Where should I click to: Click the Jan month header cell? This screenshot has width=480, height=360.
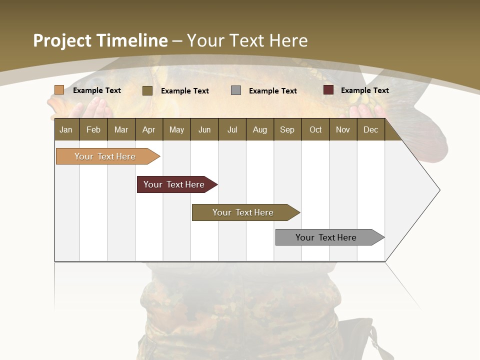pos(66,129)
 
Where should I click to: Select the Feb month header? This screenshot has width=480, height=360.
pos(93,129)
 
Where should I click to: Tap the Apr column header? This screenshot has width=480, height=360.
pos(148,129)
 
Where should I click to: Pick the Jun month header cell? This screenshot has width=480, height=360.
pos(204,129)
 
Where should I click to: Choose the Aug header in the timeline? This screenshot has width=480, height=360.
pos(259,129)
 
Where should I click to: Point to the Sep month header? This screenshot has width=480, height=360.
pos(287,129)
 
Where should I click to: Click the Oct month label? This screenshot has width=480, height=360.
pos(315,129)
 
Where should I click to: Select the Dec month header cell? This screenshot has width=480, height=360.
pos(370,129)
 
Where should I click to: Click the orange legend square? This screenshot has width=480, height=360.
pos(59,90)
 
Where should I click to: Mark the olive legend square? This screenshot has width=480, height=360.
pos(147,90)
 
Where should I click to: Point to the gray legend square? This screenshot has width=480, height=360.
pos(236,90)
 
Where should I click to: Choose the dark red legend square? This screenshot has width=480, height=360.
pos(328,90)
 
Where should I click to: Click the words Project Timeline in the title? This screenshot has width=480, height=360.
pos(100,40)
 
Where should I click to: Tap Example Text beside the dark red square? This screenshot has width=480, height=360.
pos(364,90)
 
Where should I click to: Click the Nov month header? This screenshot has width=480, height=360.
pos(343,129)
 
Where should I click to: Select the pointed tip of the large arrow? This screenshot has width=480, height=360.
pos(438,190)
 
